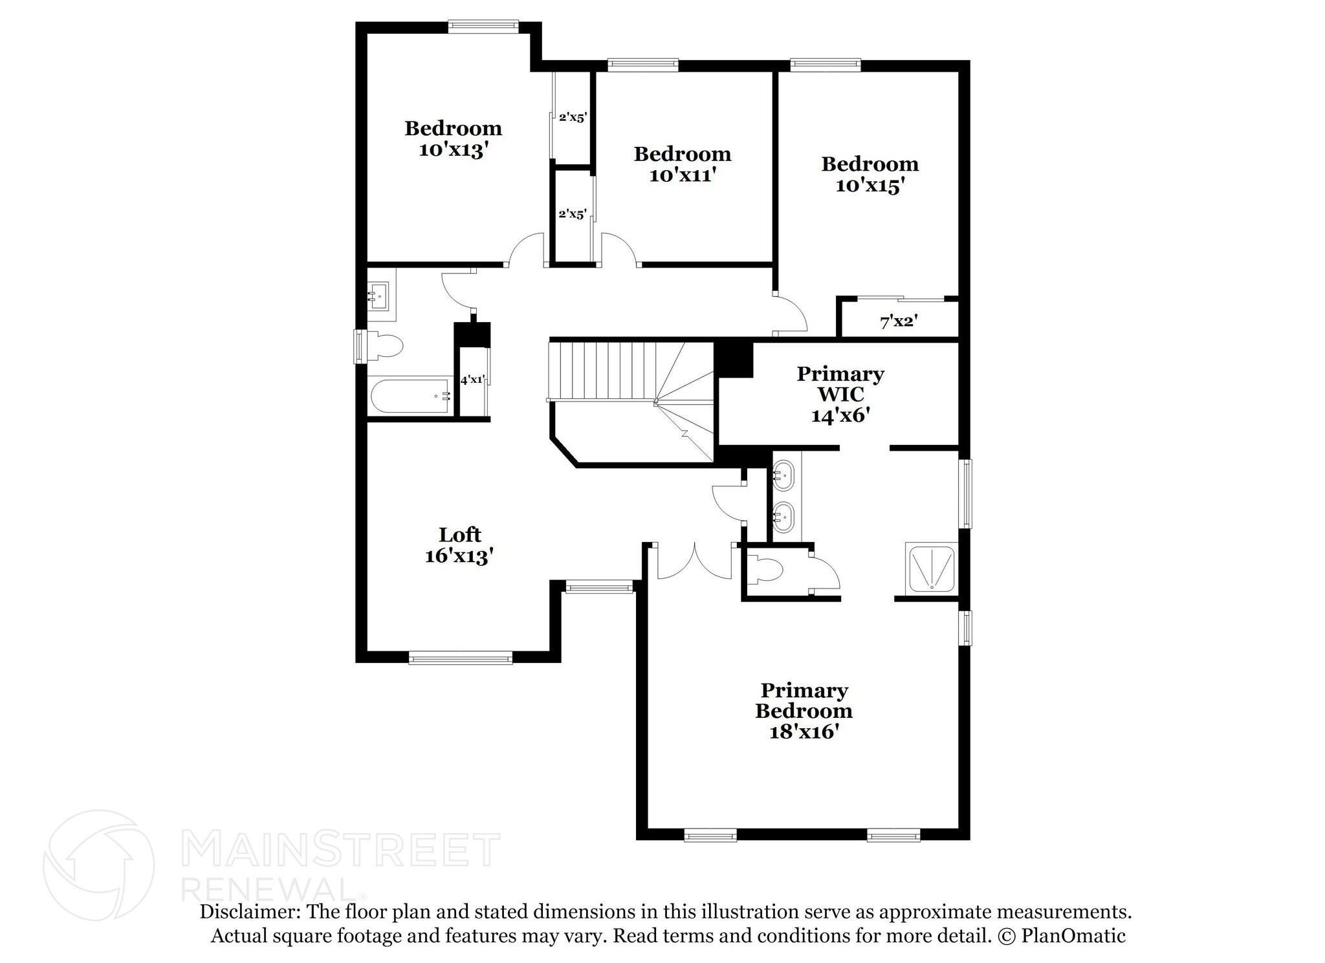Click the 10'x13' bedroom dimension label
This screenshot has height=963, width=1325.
pyautogui.click(x=452, y=150)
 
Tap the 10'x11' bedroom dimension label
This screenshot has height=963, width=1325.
pyautogui.click(x=682, y=175)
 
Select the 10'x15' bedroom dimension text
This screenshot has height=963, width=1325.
pyautogui.click(x=870, y=186)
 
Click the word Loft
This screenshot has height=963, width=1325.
pyautogui.click(x=460, y=535)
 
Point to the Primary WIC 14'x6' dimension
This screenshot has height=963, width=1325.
pyautogui.click(x=840, y=415)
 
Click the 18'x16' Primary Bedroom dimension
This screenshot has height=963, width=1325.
pyautogui.click(x=804, y=732)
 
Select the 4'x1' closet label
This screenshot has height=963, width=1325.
pyautogui.click(x=472, y=380)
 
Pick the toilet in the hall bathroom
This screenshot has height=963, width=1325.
pyautogui.click(x=384, y=345)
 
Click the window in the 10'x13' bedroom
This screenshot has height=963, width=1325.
pyautogui.click(x=483, y=26)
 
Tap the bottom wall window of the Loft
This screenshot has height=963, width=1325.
pyautogui.click(x=461, y=658)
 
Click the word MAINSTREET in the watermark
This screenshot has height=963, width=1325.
pyautogui.click(x=341, y=850)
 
